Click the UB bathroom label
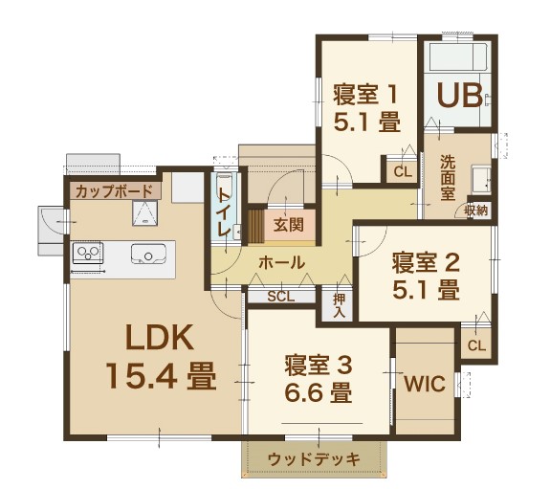[x=459, y=95]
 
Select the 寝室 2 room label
[x=426, y=263]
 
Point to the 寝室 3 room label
[x=319, y=366]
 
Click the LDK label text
[x=160, y=337]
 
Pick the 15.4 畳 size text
[x=161, y=376]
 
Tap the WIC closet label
[x=425, y=384]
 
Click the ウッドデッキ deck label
[x=314, y=459]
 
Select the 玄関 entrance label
[x=288, y=225]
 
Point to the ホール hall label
[x=281, y=262]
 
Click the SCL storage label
[x=281, y=297]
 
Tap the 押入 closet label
[x=339, y=305]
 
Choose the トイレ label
[x=225, y=213]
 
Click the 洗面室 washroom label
[x=448, y=178]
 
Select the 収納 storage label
[x=476, y=211]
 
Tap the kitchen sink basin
[x=148, y=254]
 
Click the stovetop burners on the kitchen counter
[x=88, y=252]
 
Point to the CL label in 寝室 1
[x=403, y=172]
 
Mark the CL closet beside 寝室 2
[x=476, y=345]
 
